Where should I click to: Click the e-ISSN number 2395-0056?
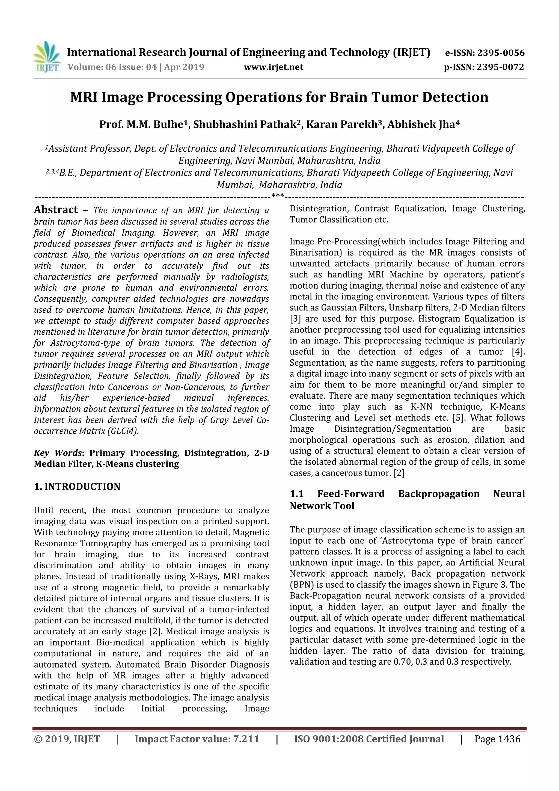point(500,53)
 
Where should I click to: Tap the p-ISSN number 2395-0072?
point(500,67)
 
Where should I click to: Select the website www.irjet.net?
point(273,67)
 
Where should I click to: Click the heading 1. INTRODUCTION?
point(77,487)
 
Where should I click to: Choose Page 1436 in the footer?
point(497,739)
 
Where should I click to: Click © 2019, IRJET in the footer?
point(67,739)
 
